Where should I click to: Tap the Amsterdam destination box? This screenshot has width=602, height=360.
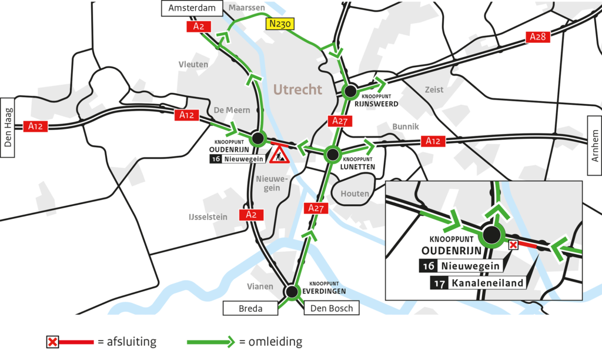click(x=191, y=8)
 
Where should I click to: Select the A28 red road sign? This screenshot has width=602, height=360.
click(x=537, y=37)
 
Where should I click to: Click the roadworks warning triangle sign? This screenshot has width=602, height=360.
click(x=279, y=155)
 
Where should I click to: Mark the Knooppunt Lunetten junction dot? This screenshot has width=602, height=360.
click(x=332, y=155)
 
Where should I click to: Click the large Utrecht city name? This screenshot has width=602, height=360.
click(x=297, y=89)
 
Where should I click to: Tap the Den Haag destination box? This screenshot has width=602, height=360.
click(x=8, y=127)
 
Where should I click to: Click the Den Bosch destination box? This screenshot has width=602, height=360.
click(x=332, y=308)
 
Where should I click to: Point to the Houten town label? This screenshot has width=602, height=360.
click(x=355, y=194)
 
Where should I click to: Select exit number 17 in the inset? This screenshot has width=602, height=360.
click(x=439, y=283)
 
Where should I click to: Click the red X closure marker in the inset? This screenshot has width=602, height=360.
click(x=513, y=245)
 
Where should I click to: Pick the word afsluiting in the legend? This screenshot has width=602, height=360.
click(x=128, y=341)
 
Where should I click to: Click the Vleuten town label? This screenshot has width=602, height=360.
click(x=193, y=64)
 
